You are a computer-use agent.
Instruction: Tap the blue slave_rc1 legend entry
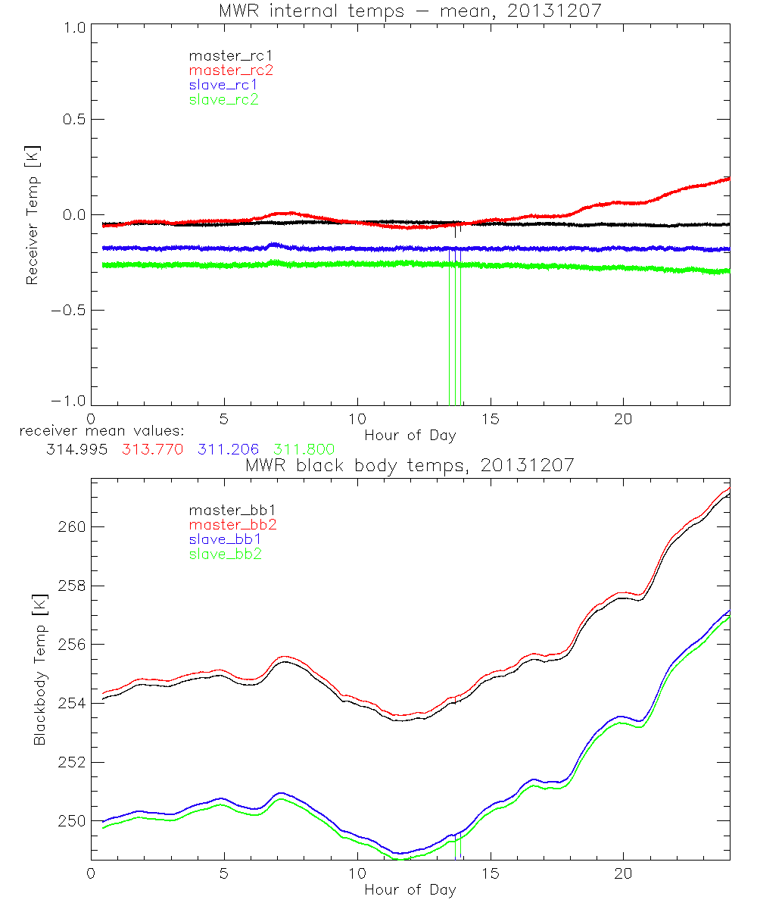tap(224, 84)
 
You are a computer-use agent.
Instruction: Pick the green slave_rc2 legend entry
tap(224, 99)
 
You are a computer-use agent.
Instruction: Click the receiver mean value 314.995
tap(78, 450)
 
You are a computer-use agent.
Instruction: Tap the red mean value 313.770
tap(152, 450)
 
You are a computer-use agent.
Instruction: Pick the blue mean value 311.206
tap(229, 450)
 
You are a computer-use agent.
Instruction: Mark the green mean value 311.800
tap(304, 450)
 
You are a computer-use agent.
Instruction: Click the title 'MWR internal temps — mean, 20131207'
tap(410, 11)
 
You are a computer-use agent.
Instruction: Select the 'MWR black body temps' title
tap(410, 465)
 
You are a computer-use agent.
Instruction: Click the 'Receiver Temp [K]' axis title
tap(33, 214)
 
